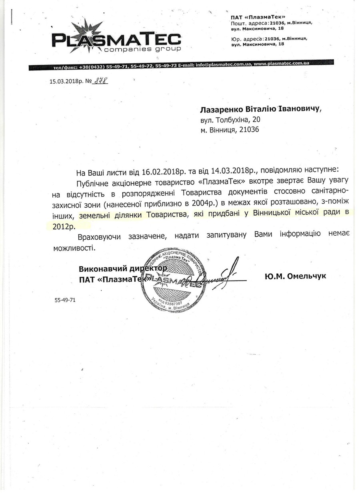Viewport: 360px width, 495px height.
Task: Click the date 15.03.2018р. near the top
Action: coord(66,82)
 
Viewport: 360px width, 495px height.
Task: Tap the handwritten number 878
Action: coord(100,81)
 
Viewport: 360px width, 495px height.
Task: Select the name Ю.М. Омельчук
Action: coord(295,276)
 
